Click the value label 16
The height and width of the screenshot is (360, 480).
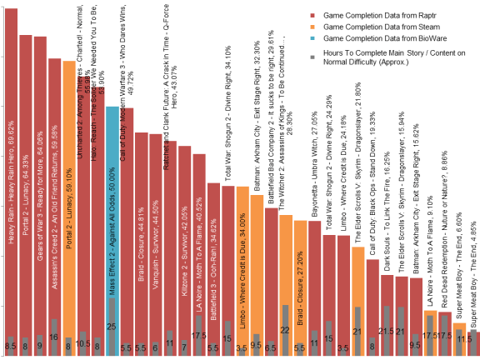(x=54, y=336)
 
